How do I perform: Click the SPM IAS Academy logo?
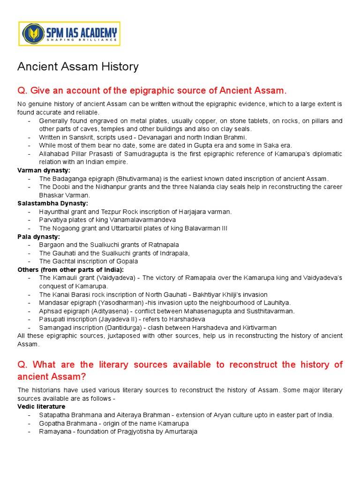point(69,34)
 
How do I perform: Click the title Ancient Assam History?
point(78,67)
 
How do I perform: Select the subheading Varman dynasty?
point(44,170)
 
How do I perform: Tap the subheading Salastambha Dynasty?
point(52,203)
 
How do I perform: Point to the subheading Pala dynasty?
point(39,237)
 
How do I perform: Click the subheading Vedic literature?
point(41,406)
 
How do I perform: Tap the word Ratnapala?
point(164,245)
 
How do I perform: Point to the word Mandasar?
point(54,303)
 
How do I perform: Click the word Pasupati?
point(53,319)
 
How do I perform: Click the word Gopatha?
point(52,423)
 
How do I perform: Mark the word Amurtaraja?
point(180,431)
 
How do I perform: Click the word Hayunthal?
point(56,211)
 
